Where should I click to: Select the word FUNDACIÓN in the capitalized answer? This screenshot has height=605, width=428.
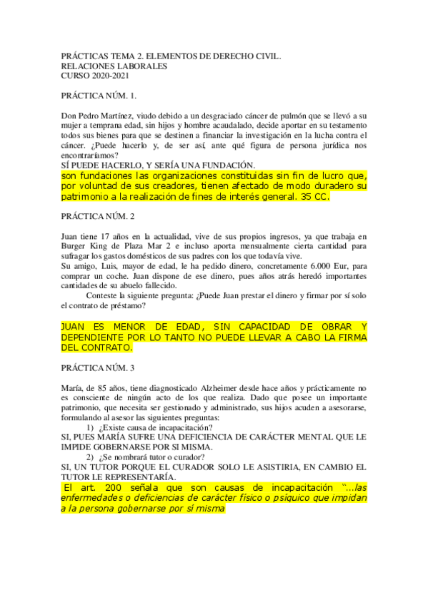coord(208,165)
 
